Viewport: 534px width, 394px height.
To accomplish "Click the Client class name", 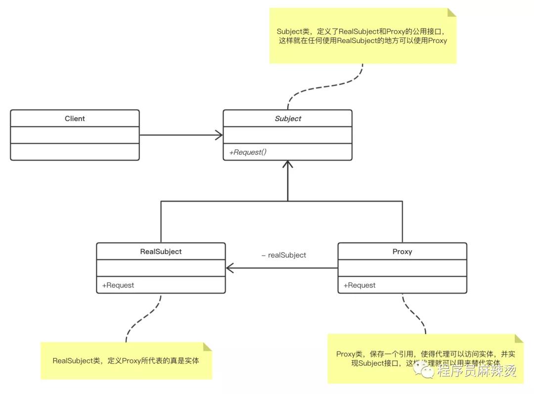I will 75,119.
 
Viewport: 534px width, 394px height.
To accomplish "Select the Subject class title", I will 288,119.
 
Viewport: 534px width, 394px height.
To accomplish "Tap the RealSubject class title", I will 161,252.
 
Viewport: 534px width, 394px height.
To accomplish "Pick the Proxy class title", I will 402,252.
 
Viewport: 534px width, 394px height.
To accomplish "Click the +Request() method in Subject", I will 248,152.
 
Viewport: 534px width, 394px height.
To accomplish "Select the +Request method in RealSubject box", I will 118,285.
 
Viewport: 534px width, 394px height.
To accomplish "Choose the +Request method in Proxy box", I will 359,285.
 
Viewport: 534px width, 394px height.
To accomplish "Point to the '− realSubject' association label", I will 284,255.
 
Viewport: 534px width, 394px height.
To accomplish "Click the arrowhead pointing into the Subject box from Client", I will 218,135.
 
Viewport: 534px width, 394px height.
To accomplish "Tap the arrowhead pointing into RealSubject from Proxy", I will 230,268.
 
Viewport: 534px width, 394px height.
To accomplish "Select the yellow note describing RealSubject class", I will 126,361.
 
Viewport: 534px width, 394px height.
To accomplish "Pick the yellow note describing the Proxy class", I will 425,359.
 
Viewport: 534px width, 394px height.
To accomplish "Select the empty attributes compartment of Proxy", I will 402,268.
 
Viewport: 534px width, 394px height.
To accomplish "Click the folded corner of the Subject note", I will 451,12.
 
